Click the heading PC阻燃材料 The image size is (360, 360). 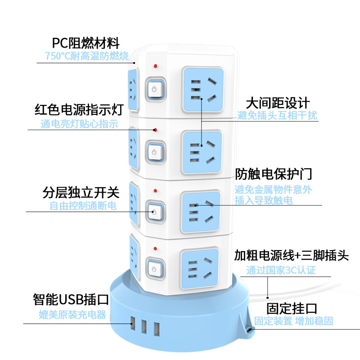(x=85, y=43)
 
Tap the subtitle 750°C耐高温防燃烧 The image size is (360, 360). (x=87, y=56)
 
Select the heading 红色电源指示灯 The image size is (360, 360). (x=79, y=110)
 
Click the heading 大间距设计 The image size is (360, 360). (x=277, y=102)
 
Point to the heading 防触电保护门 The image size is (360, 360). (x=273, y=174)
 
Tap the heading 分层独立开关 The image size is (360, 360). (x=81, y=193)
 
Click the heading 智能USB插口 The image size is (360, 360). (x=71, y=299)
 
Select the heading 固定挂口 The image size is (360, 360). (x=292, y=308)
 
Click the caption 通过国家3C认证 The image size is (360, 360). (x=281, y=270)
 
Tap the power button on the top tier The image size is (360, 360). (x=154, y=89)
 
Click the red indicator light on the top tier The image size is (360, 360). (x=155, y=67)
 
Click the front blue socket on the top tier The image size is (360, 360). (x=203, y=90)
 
